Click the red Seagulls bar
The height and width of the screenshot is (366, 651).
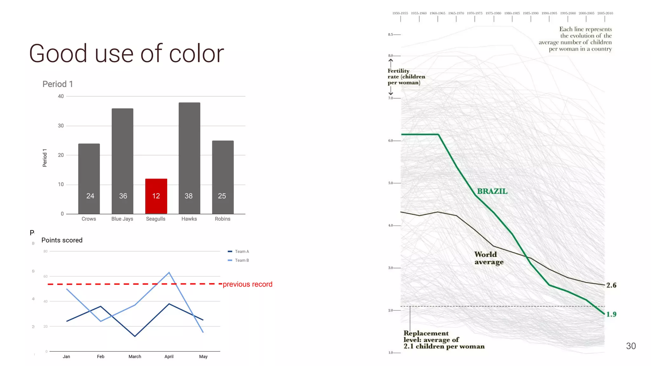tap(156, 196)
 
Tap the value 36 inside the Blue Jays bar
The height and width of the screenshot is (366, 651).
tap(123, 196)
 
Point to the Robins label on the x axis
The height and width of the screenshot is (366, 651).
tap(223, 219)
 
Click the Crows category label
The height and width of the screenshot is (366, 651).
tap(89, 219)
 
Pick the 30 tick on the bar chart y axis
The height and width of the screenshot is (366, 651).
tap(61, 126)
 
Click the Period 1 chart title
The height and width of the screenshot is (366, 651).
tap(58, 84)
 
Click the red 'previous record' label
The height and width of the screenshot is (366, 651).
tap(247, 284)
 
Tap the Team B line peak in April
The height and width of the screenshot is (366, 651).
tap(169, 273)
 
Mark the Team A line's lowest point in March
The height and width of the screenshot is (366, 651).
tap(135, 336)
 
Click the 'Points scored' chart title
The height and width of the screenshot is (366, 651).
tap(62, 240)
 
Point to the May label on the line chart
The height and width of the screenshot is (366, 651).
tap(203, 356)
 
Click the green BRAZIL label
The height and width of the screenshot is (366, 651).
tap(492, 191)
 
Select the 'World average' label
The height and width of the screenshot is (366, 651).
tap(489, 258)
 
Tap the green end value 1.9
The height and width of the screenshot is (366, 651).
tap(611, 314)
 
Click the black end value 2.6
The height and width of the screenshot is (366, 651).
tap(611, 285)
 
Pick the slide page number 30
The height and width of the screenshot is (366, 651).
tap(631, 346)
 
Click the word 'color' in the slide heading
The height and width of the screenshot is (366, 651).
tap(196, 53)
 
